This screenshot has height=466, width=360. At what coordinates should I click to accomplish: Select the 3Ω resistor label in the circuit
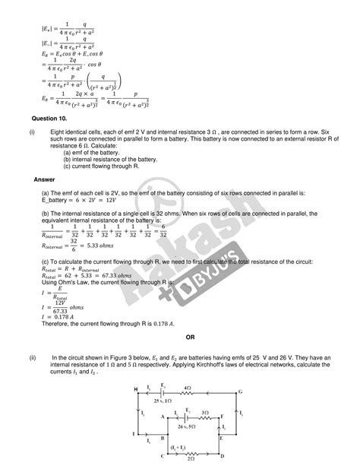click(206, 411)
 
